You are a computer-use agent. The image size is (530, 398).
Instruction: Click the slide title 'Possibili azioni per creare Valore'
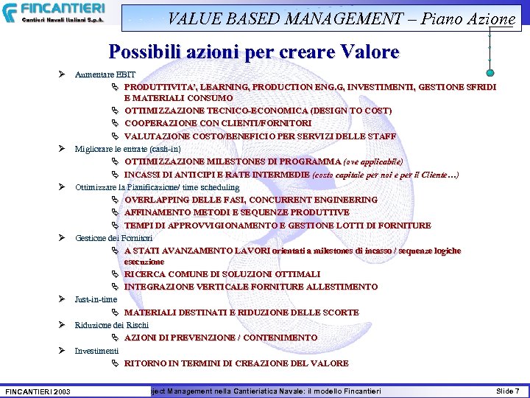pyautogui.click(x=254, y=52)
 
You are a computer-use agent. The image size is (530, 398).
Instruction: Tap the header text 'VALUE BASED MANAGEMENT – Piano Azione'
pyautogui.click(x=342, y=18)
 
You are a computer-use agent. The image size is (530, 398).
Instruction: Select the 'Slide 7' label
pyautogui.click(x=507, y=390)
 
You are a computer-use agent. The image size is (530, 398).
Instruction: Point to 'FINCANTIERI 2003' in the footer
pyautogui.click(x=38, y=391)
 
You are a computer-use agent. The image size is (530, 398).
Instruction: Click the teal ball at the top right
pyautogui.click(x=490, y=71)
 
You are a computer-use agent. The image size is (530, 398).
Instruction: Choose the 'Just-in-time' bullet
pyautogui.click(x=96, y=299)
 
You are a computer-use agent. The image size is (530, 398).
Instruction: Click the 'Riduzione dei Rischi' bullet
pyautogui.click(x=111, y=325)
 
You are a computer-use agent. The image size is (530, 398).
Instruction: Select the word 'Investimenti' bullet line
pyautogui.click(x=96, y=351)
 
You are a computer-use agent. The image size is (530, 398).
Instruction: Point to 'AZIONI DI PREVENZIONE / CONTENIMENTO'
pyautogui.click(x=220, y=338)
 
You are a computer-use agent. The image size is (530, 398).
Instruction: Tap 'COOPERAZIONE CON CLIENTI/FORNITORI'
pyautogui.click(x=217, y=123)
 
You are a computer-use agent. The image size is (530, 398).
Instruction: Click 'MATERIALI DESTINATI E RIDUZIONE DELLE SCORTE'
pyautogui.click(x=241, y=313)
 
